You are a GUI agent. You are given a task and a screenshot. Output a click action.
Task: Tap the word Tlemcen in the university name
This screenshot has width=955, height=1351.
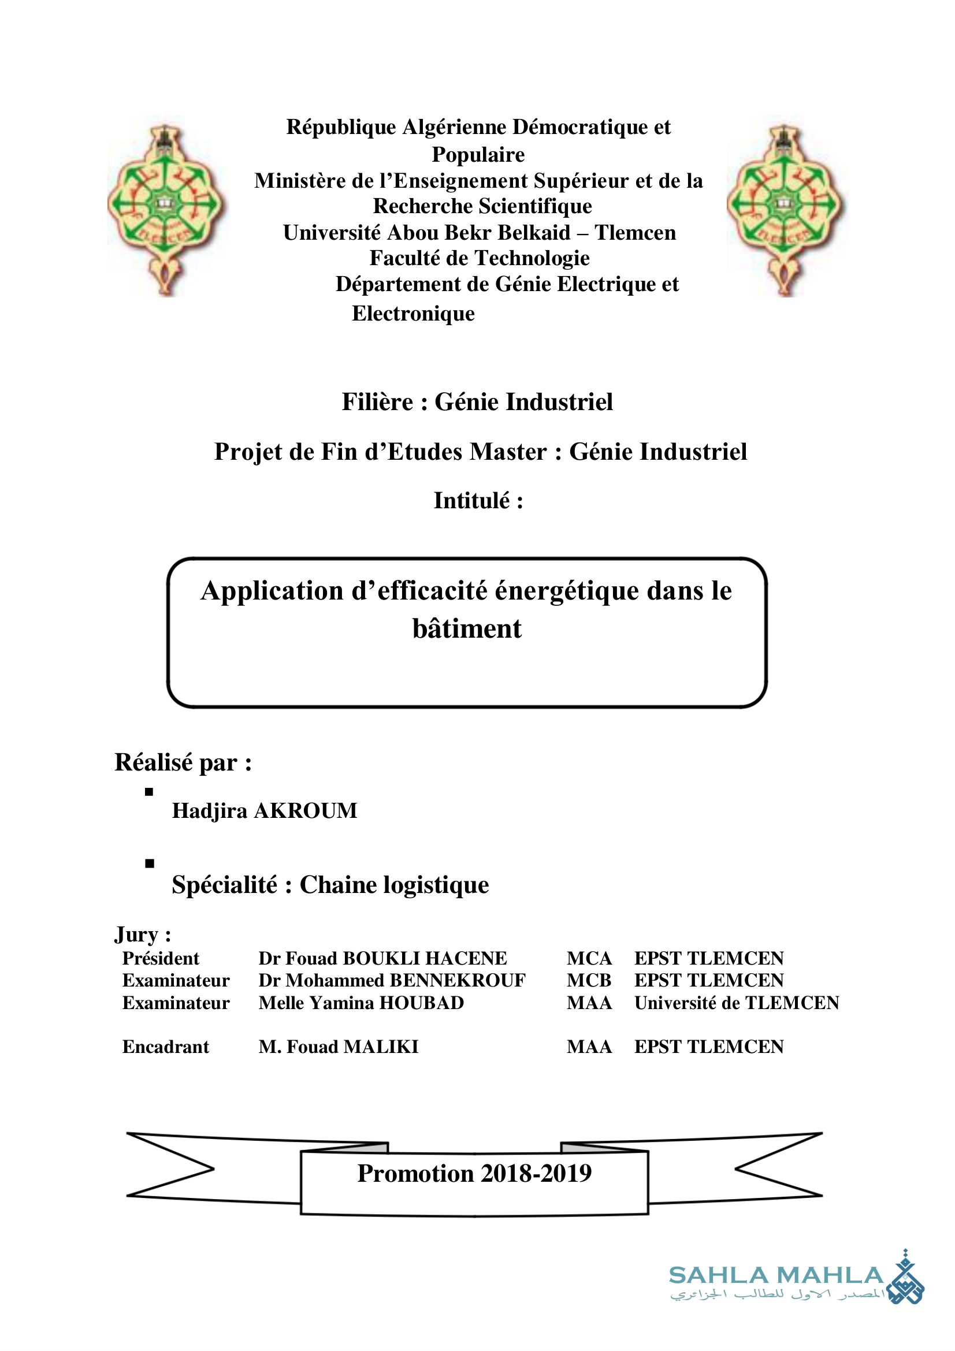pyautogui.click(x=635, y=233)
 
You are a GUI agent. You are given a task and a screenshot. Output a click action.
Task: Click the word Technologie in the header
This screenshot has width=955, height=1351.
pyautogui.click(x=532, y=258)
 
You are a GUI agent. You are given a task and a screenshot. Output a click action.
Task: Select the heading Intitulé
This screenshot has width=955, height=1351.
pyautogui.click(x=478, y=501)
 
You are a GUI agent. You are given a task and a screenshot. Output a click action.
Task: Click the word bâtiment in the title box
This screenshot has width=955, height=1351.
pyautogui.click(x=467, y=629)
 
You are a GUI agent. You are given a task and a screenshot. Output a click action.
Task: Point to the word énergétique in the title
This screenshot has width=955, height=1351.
pyautogui.click(x=567, y=591)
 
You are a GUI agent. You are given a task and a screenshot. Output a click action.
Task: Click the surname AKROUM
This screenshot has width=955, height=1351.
pyautogui.click(x=306, y=811)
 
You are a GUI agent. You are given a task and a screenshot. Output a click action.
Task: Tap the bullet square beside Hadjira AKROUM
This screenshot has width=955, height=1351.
pyautogui.click(x=149, y=792)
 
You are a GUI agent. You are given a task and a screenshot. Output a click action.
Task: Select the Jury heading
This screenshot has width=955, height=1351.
pyautogui.click(x=143, y=935)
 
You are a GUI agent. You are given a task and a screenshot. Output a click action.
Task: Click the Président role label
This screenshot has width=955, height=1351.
pyautogui.click(x=161, y=959)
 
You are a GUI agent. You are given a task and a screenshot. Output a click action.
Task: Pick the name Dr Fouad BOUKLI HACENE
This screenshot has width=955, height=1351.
pyautogui.click(x=382, y=959)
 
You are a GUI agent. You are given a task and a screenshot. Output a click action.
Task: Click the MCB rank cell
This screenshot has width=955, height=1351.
pyautogui.click(x=589, y=980)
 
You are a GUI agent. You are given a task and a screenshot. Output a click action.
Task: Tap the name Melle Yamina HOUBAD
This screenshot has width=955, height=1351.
pyautogui.click(x=361, y=1003)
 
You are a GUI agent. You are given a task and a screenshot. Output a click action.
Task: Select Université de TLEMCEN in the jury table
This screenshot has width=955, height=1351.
pyautogui.click(x=736, y=1003)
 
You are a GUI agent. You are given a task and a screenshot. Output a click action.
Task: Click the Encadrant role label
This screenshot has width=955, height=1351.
pyautogui.click(x=165, y=1047)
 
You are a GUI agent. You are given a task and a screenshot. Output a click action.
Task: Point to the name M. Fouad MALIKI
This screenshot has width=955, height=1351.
pyautogui.click(x=339, y=1047)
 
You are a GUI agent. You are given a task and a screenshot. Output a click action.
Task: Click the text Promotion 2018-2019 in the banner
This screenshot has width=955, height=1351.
pyautogui.click(x=474, y=1173)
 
